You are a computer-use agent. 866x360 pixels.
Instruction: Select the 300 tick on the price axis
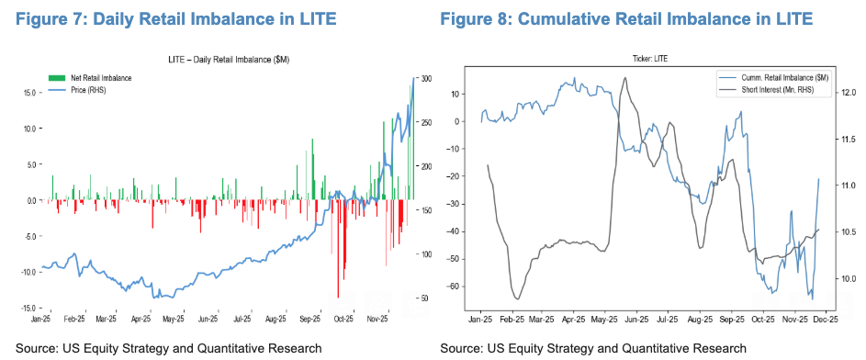point(425,80)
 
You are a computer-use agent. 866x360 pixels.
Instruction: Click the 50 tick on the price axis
point(423,298)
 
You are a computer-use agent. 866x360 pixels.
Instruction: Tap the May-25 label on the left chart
point(174,320)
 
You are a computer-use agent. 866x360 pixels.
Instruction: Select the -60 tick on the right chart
point(451,287)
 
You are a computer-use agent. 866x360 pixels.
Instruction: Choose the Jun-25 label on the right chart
point(636,320)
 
